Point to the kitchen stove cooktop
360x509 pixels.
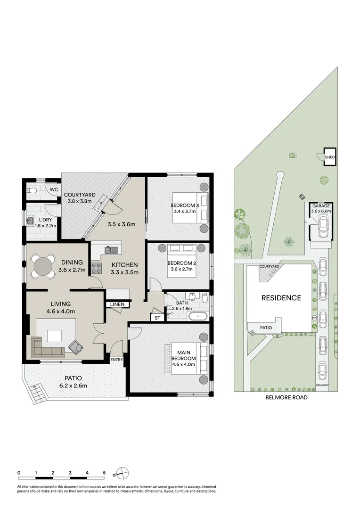[97, 268]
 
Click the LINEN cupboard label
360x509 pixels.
[117, 305]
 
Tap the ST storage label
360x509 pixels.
[157, 318]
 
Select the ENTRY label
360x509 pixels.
[116, 360]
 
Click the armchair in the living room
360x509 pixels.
[75, 347]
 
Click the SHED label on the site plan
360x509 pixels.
[330, 157]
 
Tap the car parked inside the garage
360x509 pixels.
[323, 229]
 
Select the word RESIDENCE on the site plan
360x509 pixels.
[281, 298]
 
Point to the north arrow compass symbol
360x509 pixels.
[121, 473]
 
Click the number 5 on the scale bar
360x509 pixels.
[104, 472]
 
